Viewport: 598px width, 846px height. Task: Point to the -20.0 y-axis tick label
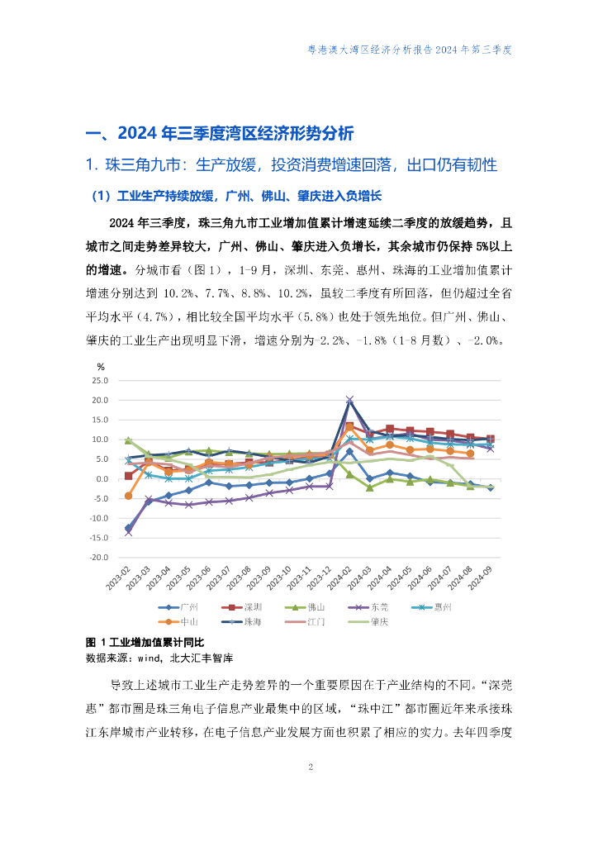click(98, 558)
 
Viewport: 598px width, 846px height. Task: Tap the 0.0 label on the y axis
click(102, 479)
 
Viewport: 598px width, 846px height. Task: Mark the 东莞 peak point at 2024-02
click(349, 400)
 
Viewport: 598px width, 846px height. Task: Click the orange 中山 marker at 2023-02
click(128, 497)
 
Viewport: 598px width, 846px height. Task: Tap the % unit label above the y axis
click(101, 366)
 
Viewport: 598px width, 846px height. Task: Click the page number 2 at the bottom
click(311, 768)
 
